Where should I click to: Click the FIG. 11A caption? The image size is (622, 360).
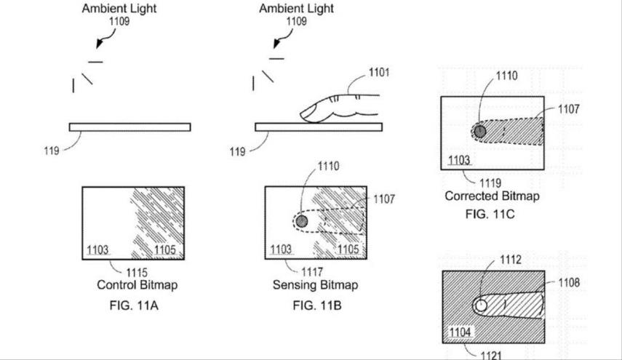click(x=134, y=305)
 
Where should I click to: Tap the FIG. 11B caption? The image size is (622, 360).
click(x=317, y=305)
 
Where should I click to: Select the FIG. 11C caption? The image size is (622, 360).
click(x=490, y=214)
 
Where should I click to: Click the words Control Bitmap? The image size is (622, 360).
click(x=137, y=284)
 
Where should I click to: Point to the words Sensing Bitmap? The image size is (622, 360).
click(x=315, y=284)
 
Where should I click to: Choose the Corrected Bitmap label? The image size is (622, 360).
click(x=492, y=196)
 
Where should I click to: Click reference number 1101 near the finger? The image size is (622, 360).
click(x=379, y=72)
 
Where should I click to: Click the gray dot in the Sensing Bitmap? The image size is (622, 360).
click(x=302, y=221)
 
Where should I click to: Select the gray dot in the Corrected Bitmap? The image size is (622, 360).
click(x=480, y=131)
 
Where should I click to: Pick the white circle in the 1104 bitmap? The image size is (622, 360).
click(x=480, y=305)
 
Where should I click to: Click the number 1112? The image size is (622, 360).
click(x=511, y=260)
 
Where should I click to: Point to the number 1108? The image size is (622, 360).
click(x=569, y=283)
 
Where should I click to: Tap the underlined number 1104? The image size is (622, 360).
click(x=460, y=332)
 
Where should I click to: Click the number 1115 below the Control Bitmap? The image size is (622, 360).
click(x=137, y=273)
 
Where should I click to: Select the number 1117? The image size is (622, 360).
click(x=312, y=272)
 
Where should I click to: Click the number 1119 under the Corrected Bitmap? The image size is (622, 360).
click(x=490, y=183)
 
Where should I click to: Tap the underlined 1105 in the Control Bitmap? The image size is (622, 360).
click(x=165, y=249)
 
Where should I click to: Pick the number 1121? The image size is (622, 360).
click(x=491, y=355)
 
